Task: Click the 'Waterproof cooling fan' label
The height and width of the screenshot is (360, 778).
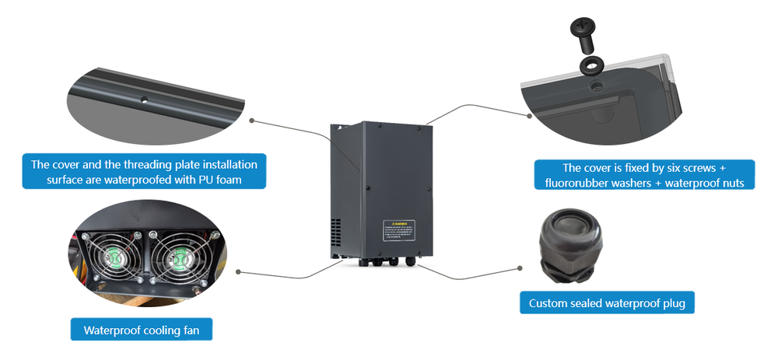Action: click(x=142, y=330)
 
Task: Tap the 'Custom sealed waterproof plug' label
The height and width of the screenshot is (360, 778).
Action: click(x=607, y=303)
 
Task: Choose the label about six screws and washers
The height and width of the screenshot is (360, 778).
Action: click(x=644, y=175)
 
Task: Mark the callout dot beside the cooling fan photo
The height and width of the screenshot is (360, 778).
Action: click(x=237, y=272)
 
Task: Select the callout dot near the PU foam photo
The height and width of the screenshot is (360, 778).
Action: click(x=252, y=121)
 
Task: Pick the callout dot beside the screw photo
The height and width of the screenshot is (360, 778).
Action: click(x=529, y=116)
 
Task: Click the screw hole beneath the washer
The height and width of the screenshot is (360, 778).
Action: click(x=594, y=82)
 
